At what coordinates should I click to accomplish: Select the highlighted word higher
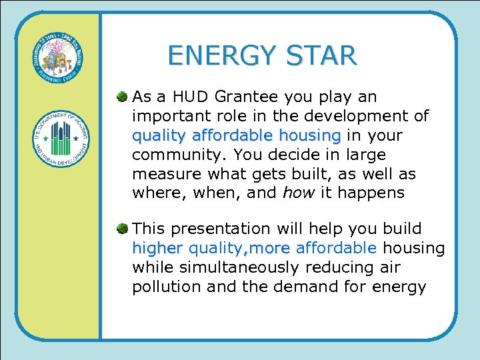click(157, 249)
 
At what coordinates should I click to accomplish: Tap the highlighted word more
click(271, 249)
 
